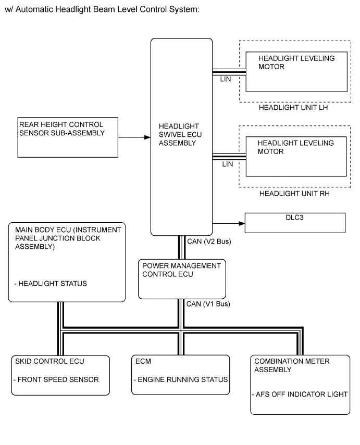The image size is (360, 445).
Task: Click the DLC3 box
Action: click(295, 223)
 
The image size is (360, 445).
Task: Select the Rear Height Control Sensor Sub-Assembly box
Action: click(67, 137)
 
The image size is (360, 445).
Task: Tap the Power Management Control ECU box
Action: click(182, 279)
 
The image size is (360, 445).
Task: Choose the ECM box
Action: click(180, 375)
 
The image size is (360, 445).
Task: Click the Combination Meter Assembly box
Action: click(300, 384)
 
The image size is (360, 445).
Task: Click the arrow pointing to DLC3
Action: click(229, 223)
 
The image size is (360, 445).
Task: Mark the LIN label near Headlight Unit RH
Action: click(227, 163)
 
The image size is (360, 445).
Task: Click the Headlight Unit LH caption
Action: click(294, 109)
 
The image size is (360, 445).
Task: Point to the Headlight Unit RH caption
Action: click(294, 193)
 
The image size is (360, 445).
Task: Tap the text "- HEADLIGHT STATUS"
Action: click(51, 284)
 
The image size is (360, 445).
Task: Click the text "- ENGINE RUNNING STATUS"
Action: click(180, 379)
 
